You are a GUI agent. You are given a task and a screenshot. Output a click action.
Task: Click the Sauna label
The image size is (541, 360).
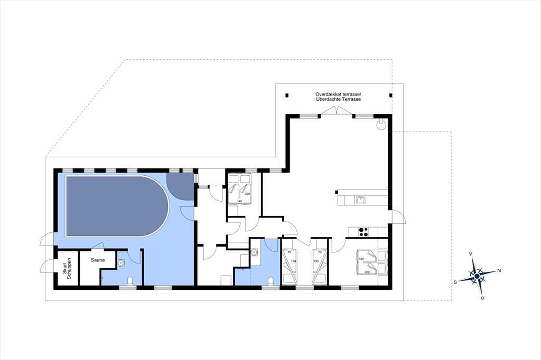click(x=98, y=260)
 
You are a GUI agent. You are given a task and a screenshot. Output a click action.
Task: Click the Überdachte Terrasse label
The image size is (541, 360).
click(x=338, y=99)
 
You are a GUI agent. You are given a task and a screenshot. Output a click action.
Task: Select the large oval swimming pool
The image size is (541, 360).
click(x=117, y=206)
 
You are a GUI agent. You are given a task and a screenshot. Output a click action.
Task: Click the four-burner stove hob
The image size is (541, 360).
click(x=363, y=232)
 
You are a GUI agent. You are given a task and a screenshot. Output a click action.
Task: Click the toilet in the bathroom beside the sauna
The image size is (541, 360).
click(x=130, y=281)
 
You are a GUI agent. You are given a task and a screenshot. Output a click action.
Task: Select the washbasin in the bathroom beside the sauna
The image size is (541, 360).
click(x=121, y=263)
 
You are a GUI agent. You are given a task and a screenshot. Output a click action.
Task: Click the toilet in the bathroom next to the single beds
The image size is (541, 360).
click(x=271, y=281)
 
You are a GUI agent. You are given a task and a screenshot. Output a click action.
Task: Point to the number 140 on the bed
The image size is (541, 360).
click(x=239, y=201)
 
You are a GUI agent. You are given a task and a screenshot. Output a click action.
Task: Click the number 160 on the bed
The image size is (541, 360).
click(x=361, y=259)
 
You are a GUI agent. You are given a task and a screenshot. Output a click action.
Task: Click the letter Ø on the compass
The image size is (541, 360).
click(x=482, y=298)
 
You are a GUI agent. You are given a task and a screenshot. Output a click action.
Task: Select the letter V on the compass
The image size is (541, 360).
click(x=471, y=254)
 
